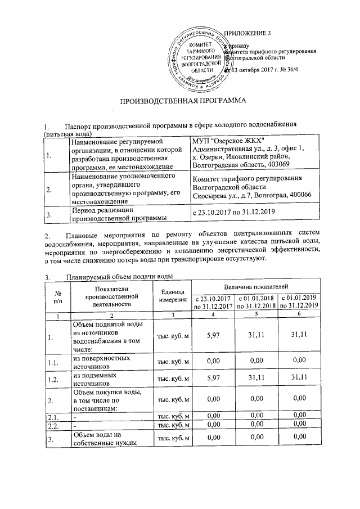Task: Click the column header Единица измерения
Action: point(173,295)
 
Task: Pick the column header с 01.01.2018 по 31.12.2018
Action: point(256,302)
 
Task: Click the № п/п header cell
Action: point(57,295)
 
